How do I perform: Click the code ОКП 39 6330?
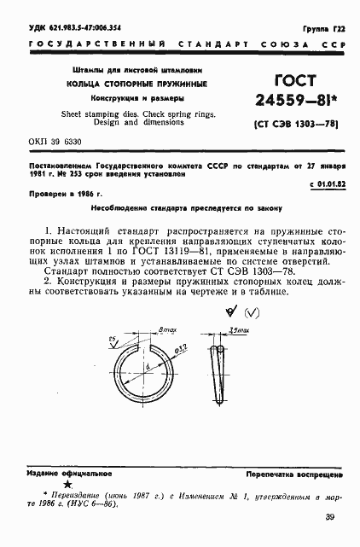56,142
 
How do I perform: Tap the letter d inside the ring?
149,367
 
